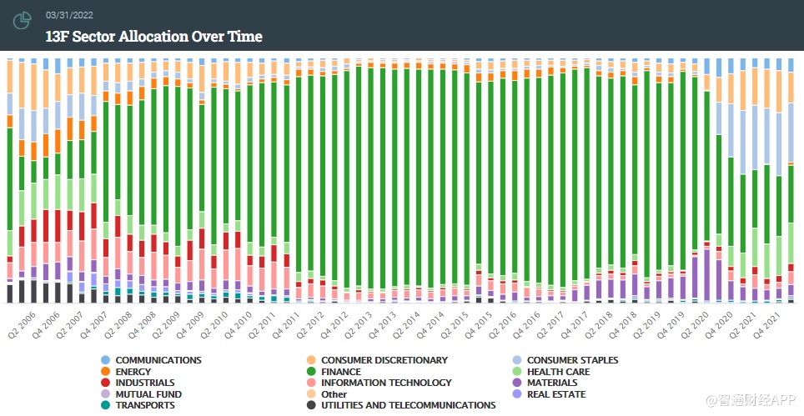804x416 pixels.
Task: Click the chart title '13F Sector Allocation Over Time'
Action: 153,36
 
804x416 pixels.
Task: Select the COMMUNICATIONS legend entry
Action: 158,360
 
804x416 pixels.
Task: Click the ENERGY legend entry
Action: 133,372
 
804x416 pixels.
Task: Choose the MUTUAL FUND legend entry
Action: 148,394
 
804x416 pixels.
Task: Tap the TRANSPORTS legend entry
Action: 144,405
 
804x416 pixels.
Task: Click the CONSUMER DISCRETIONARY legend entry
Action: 384,360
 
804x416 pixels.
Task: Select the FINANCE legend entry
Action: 340,372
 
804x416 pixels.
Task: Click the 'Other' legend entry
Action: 333,394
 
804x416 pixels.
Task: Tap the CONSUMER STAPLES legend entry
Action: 572,360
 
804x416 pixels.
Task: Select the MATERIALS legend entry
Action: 551,383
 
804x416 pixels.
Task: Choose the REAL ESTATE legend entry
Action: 555,394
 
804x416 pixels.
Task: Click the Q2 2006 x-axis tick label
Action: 22,318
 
